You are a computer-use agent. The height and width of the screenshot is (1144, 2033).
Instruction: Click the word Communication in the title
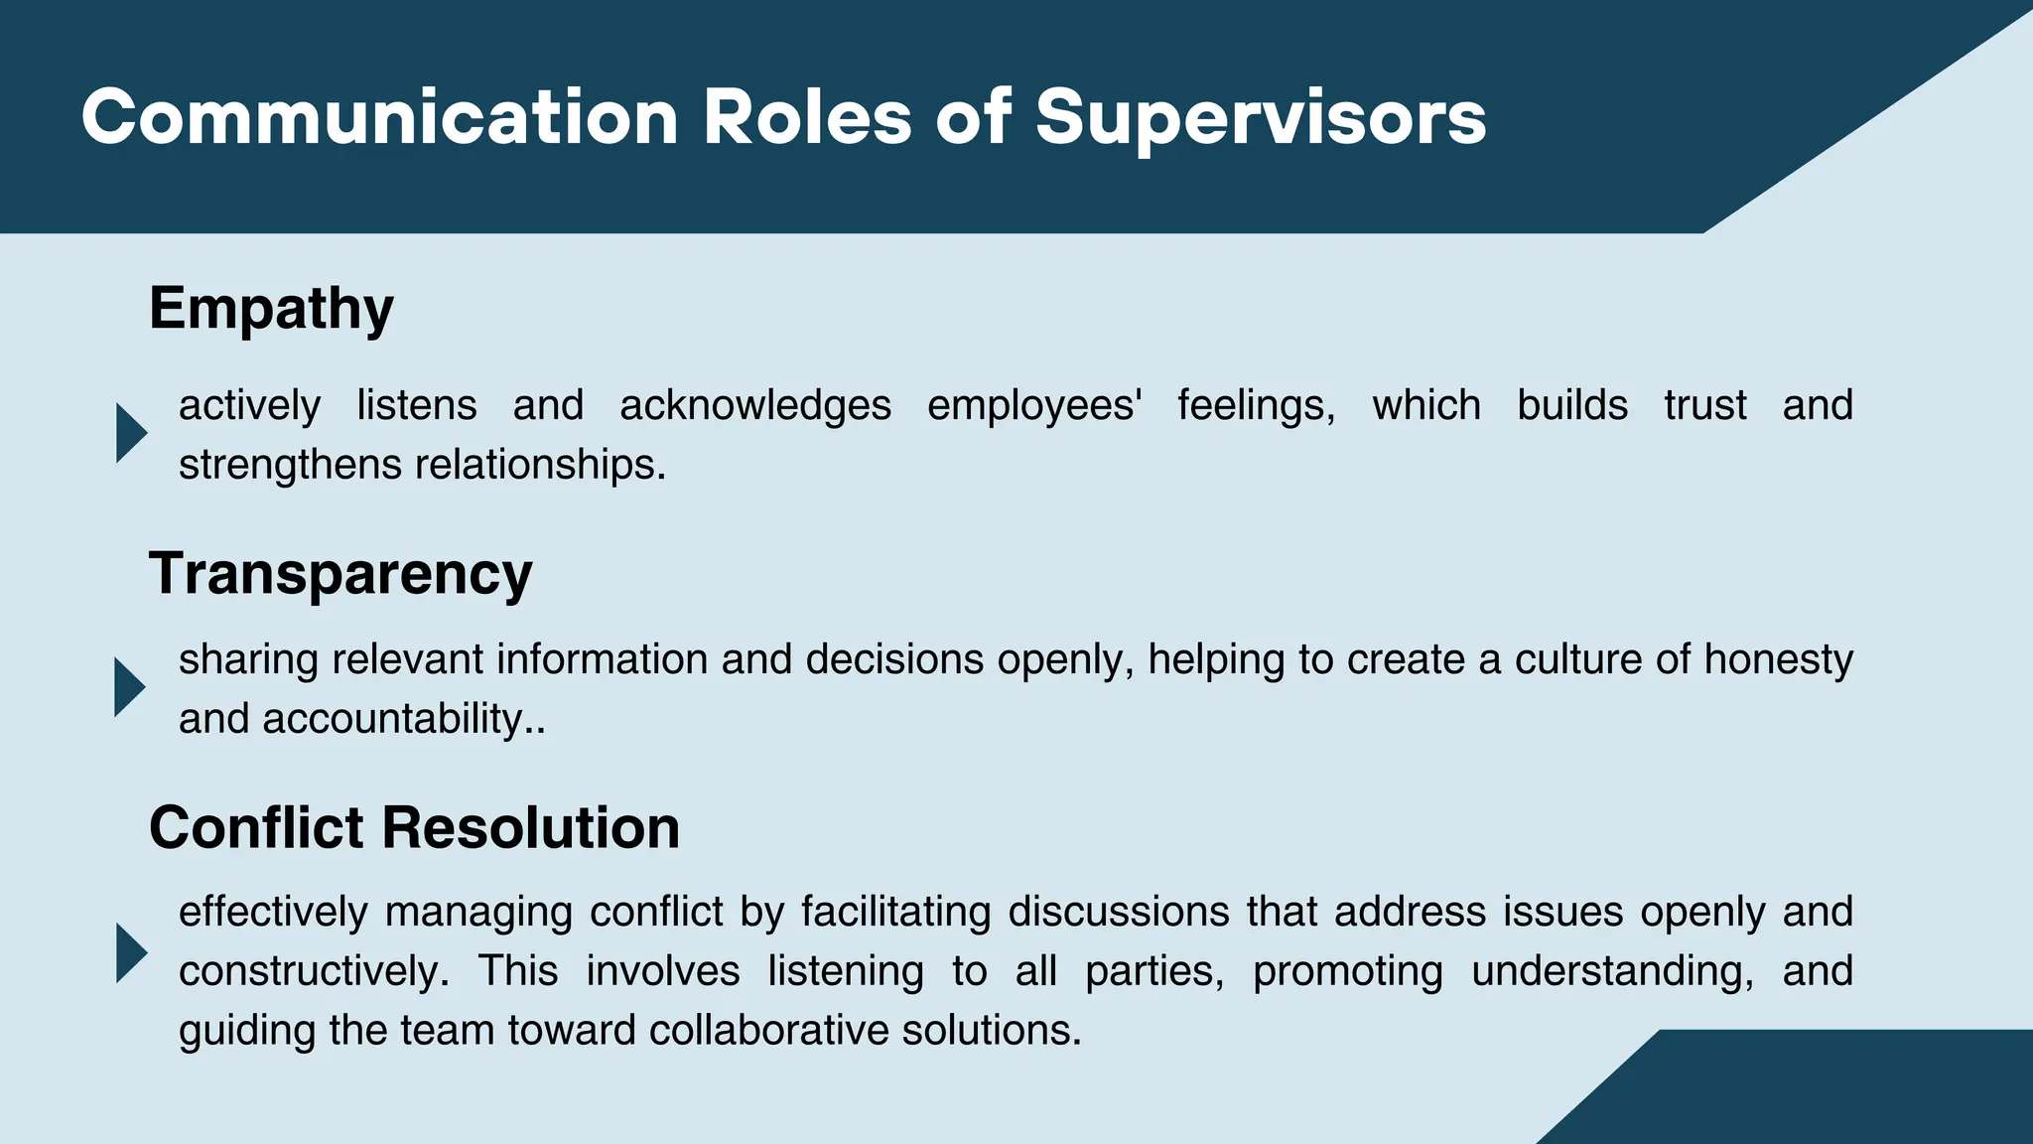coord(379,117)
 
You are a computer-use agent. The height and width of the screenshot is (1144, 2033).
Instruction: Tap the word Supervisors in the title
coord(1261,117)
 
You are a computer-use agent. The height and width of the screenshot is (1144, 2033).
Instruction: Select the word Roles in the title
coord(807,117)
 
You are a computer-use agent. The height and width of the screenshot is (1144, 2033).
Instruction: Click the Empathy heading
coord(271,309)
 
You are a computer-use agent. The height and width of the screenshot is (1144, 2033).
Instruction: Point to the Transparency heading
coord(340,574)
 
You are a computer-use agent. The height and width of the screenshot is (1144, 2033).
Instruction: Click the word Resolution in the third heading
coord(530,827)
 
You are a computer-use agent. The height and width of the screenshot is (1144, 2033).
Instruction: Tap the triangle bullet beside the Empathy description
coord(130,433)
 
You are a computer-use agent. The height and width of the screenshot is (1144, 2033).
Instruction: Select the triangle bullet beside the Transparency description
coord(129,687)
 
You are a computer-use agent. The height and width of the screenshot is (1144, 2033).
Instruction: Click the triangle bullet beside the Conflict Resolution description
coord(130,953)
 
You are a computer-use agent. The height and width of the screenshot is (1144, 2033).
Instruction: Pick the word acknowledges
coord(755,405)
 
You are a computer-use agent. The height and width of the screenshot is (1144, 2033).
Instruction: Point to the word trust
coord(1704,405)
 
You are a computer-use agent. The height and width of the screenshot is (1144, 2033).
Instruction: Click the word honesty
coord(1778,659)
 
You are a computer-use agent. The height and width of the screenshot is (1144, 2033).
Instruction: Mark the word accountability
coord(391,719)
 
